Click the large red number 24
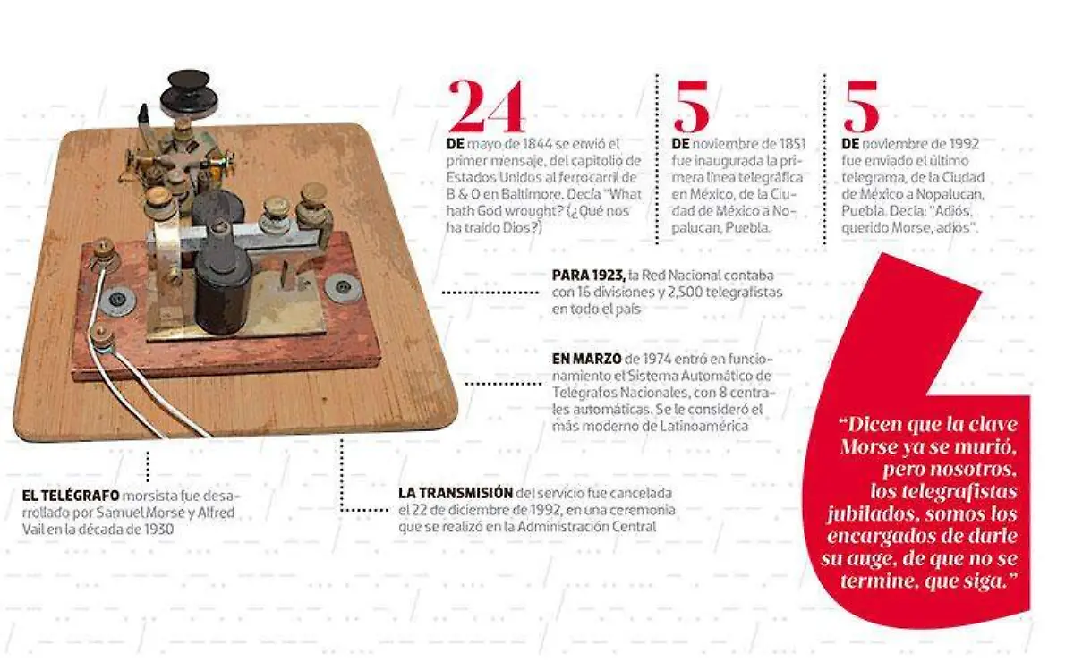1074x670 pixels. click(487, 106)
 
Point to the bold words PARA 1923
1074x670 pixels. click(589, 276)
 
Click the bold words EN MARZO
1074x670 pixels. click(586, 359)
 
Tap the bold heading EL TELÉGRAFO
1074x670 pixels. click(71, 496)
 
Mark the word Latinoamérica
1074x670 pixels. click(703, 426)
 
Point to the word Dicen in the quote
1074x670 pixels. click(871, 425)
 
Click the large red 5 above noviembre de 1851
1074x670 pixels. click(690, 106)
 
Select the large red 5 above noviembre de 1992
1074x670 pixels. click(861, 106)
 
